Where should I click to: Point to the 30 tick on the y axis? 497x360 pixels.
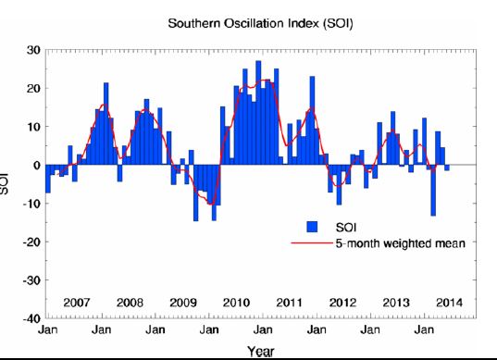point(32,50)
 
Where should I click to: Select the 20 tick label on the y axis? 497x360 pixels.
point(32,88)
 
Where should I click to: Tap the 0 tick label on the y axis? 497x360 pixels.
point(36,165)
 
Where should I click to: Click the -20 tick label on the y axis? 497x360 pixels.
point(31,242)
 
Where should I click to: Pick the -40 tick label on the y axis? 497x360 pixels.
point(31,318)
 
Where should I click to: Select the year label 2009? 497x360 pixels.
point(182,303)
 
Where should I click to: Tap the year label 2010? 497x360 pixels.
point(236,303)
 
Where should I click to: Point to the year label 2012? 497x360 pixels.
point(343,303)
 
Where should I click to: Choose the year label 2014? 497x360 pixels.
point(451,303)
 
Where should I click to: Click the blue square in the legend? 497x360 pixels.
point(313,227)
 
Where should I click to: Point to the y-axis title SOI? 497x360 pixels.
point(7,183)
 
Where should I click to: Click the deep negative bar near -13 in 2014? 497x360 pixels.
point(433,190)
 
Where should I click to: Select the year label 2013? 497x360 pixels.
point(397,303)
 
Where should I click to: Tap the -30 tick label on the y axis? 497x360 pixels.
point(31,279)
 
